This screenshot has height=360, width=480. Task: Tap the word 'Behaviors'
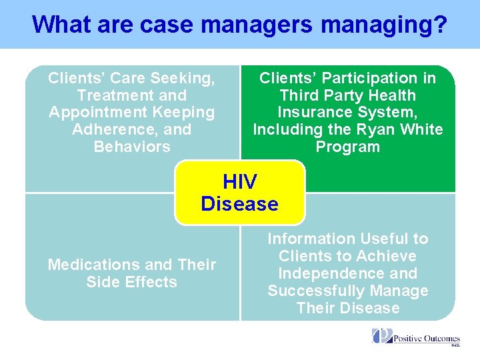132,147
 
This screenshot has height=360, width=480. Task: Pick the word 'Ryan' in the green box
373,129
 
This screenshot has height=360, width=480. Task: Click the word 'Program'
347,147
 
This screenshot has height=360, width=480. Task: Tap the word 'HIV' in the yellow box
239,181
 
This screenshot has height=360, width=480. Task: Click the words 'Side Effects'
132,282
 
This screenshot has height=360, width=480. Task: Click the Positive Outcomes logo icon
381,336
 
